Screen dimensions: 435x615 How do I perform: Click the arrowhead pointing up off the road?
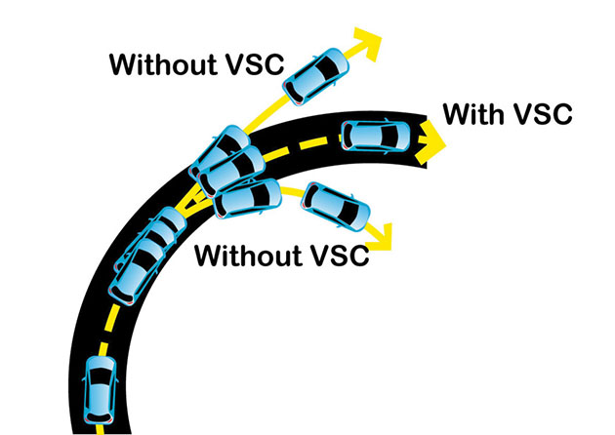368,42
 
